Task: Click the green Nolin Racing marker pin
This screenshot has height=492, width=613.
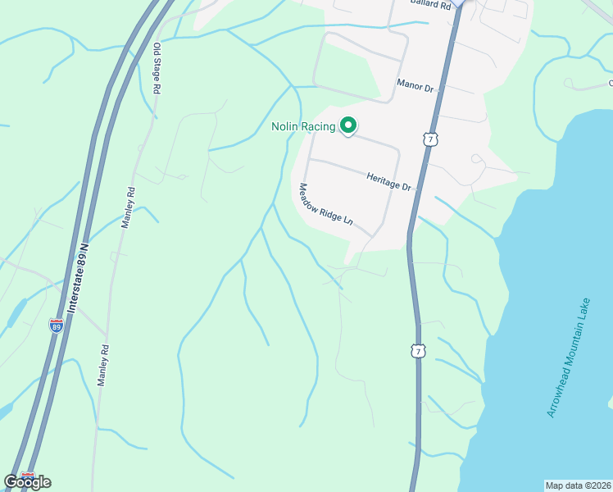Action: [348, 125]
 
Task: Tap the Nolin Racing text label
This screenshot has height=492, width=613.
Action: [303, 126]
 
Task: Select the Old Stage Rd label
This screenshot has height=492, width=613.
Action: [156, 68]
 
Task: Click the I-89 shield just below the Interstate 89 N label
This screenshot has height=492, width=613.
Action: [56, 326]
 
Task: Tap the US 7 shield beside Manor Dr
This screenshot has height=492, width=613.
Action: [429, 139]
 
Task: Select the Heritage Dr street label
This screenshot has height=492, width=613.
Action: [388, 181]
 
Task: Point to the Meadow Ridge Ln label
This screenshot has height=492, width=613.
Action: [325, 204]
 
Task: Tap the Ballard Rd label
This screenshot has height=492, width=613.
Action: [432, 5]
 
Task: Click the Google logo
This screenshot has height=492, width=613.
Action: [27, 482]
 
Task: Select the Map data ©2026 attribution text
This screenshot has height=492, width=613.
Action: [579, 485]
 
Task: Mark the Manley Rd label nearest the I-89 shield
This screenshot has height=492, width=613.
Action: [103, 365]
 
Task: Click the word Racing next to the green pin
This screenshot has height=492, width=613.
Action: [321, 126]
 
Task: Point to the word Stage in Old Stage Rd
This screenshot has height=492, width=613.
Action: [156, 68]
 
